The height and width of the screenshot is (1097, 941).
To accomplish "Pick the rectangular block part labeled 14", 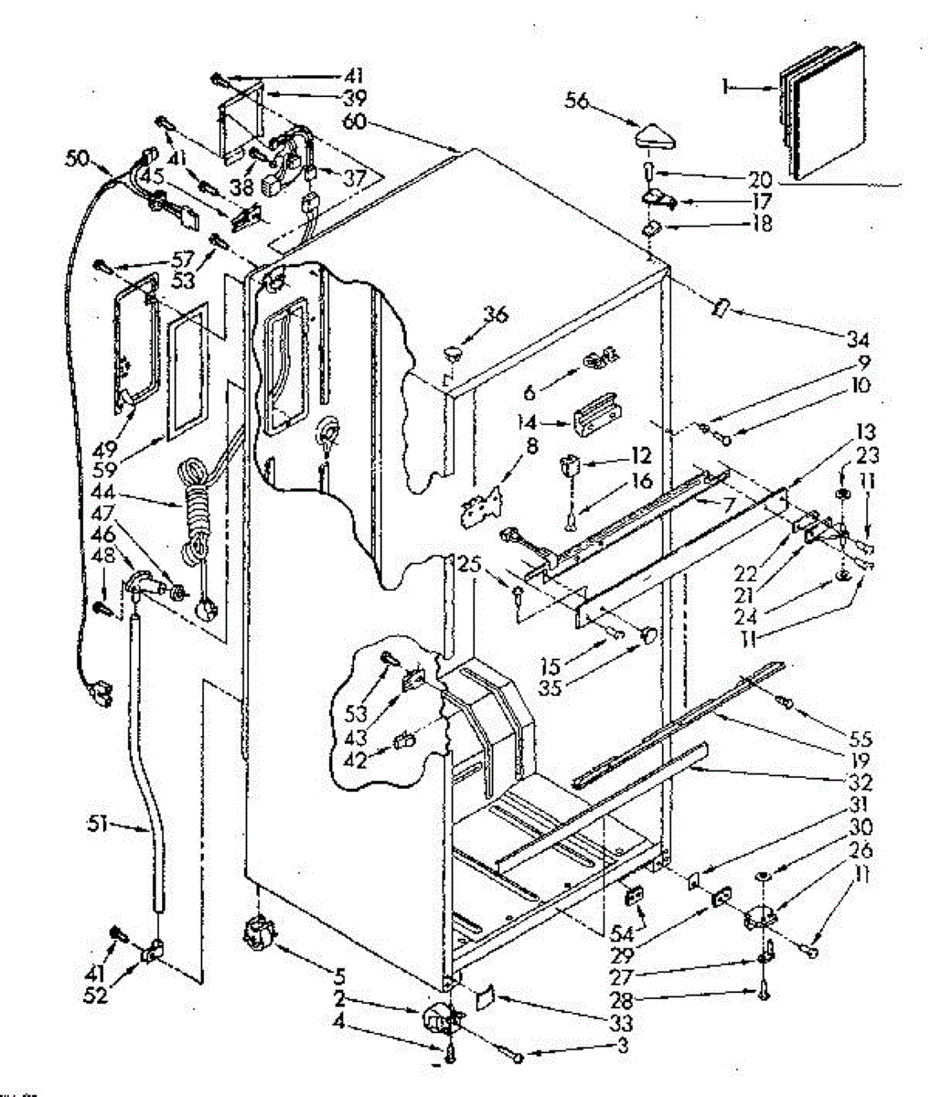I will (593, 419).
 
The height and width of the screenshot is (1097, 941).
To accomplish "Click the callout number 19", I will (861, 760).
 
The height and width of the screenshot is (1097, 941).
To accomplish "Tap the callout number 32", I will (861, 783).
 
